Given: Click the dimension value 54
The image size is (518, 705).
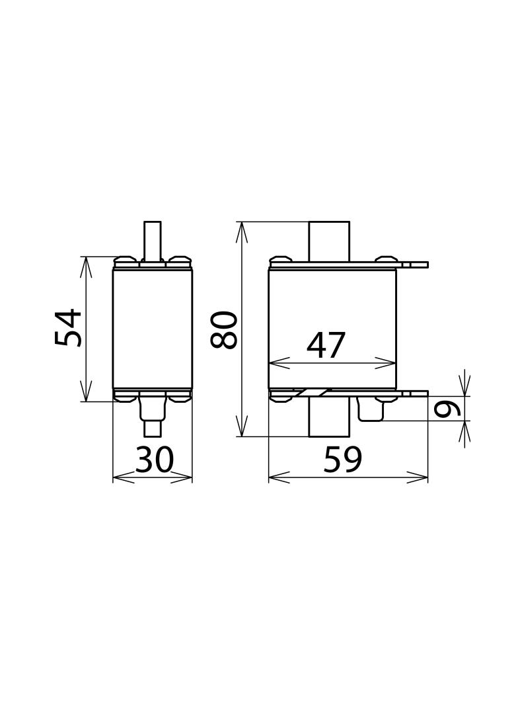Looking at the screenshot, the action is click(x=68, y=327).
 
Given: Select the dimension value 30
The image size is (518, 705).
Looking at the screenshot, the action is click(x=154, y=460).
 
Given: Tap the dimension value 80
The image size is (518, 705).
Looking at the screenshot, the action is click(x=223, y=331).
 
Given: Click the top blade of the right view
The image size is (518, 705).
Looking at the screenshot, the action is click(x=329, y=241).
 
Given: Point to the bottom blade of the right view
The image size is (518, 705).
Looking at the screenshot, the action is click(x=329, y=418).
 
